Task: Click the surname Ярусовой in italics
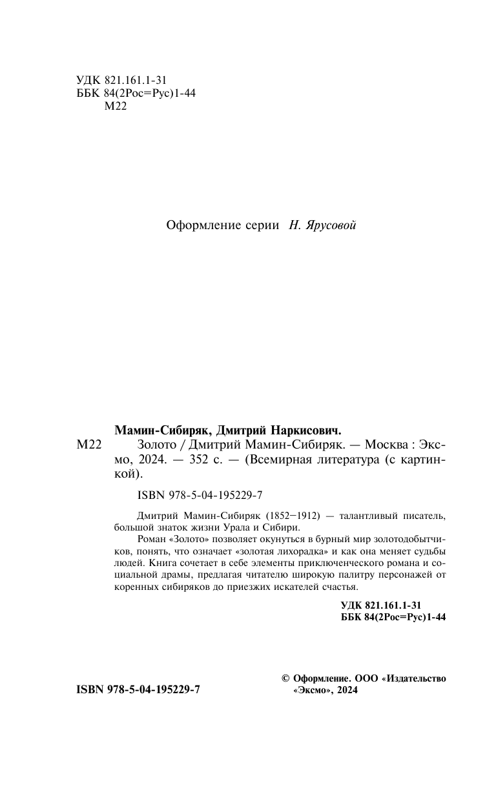click(330, 226)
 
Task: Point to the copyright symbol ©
click(286, 678)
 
